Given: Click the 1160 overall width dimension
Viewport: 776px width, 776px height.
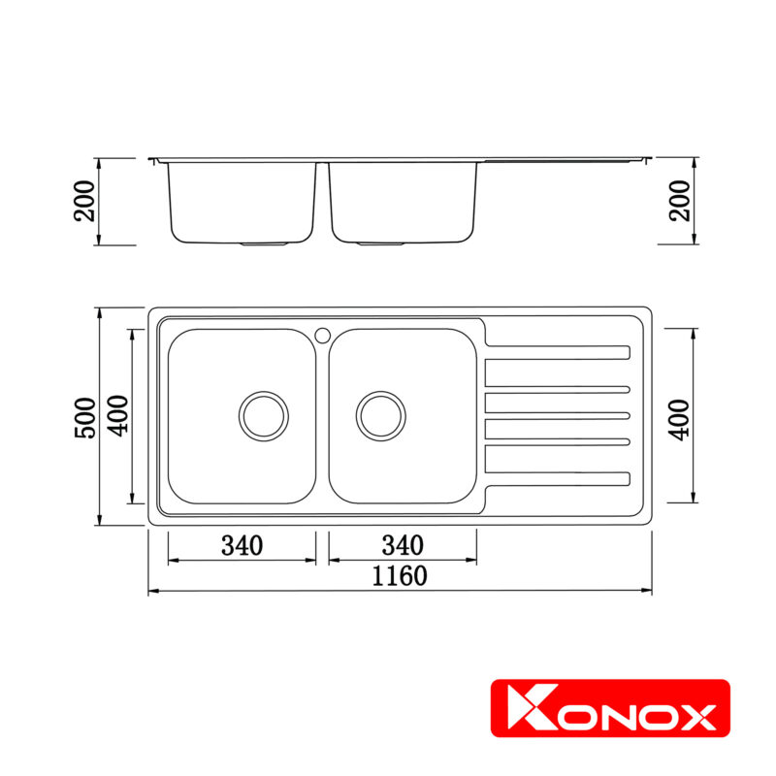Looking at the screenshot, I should click(x=400, y=576).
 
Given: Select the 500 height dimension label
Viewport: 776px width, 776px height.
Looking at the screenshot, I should click(x=86, y=417).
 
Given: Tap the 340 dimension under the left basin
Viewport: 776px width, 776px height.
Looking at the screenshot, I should click(x=242, y=545).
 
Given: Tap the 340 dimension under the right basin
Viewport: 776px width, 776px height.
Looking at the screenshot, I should click(x=403, y=545).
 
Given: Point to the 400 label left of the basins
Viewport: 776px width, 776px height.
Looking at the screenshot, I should click(x=117, y=417).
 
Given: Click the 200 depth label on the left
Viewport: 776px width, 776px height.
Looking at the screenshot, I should click(x=86, y=201).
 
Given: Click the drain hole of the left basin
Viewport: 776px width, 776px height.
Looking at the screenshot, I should click(x=264, y=415).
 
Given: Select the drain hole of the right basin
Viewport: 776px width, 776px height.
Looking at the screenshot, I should click(x=380, y=415).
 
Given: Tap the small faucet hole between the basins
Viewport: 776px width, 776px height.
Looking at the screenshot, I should click(x=322, y=335).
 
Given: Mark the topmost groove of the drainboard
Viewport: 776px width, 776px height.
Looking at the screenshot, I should click(x=558, y=351).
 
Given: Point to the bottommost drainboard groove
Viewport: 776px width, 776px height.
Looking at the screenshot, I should click(x=558, y=477).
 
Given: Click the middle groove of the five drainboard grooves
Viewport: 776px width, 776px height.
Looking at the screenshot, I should click(x=558, y=415).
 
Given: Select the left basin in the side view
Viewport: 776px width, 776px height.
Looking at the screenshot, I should click(x=242, y=201).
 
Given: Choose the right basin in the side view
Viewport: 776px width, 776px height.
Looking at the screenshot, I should click(x=403, y=201).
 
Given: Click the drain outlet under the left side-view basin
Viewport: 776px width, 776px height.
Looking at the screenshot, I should click(x=264, y=244).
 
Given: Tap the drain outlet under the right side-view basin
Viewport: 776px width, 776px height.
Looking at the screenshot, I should click(x=380, y=244).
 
